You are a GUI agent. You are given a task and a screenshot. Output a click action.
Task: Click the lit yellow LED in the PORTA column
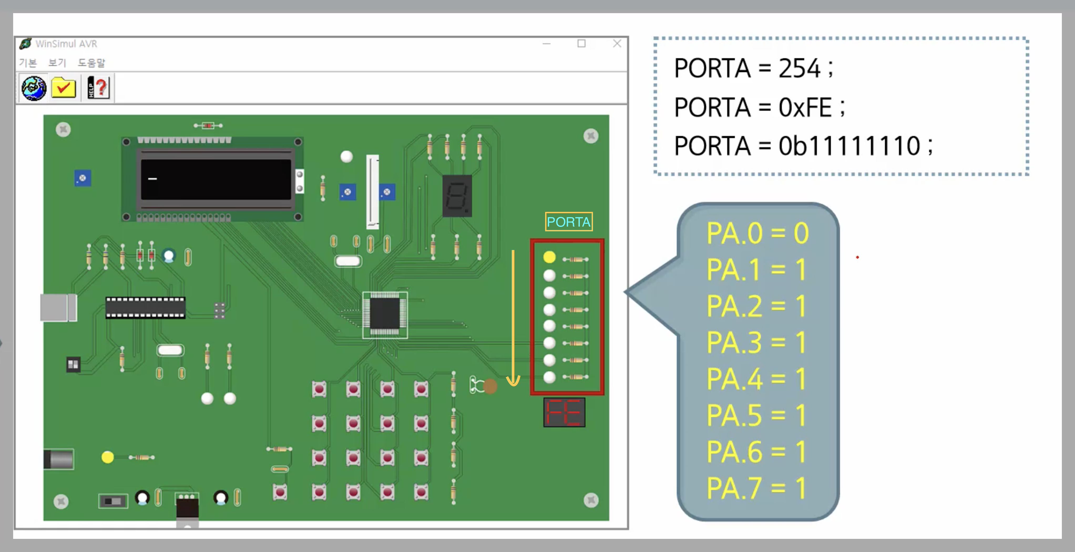[x=549, y=257]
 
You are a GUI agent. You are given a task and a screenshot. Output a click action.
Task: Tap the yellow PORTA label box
[x=569, y=222]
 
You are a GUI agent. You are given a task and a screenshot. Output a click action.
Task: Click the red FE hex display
[x=564, y=412]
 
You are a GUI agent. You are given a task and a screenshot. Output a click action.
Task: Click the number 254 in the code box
[x=800, y=68]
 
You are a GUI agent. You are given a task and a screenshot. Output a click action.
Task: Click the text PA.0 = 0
[x=757, y=233]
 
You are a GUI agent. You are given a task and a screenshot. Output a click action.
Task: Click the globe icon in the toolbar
[x=34, y=88]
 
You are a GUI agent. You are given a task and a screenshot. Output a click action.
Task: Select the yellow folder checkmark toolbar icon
[x=63, y=88]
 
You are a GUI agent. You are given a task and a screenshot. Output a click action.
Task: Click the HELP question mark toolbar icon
[x=99, y=88]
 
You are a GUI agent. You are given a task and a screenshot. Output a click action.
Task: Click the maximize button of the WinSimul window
[x=581, y=43]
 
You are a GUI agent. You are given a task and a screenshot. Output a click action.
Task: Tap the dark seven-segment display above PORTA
[x=457, y=196]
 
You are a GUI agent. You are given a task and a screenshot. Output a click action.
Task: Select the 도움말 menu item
[x=91, y=63]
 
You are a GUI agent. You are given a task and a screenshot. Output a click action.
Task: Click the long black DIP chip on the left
[x=145, y=308]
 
